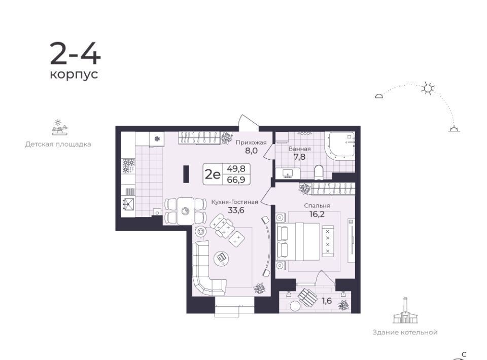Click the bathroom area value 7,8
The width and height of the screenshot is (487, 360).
[x=299, y=157]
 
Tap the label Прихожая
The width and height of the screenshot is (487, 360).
[x=251, y=142]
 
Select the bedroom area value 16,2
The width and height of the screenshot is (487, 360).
[x=317, y=214]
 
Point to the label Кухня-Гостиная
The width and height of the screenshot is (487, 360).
[x=234, y=202]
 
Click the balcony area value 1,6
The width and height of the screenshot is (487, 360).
[x=327, y=300]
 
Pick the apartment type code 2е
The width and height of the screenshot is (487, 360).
[x=213, y=174]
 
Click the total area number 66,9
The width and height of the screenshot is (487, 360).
[x=236, y=179]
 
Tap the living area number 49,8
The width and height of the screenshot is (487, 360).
[x=236, y=168]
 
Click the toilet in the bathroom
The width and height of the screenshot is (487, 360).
[x=319, y=172]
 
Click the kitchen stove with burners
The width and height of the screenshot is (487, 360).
[x=128, y=166]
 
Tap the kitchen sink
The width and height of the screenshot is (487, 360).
[x=128, y=204]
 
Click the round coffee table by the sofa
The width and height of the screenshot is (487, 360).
[x=222, y=257]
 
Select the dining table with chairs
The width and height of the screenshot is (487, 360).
[x=186, y=211]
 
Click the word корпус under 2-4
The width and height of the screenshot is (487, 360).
[x=74, y=75]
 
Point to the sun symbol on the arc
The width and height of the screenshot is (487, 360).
[x=428, y=89]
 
